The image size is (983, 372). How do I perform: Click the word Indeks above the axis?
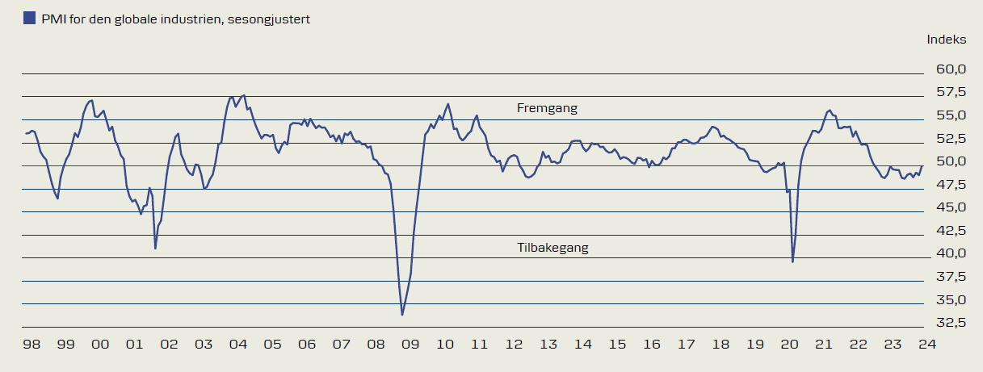(x=946, y=39)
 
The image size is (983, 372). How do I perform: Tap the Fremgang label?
(x=547, y=108)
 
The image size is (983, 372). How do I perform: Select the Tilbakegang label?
(x=552, y=248)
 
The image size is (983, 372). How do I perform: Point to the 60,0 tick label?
(x=951, y=69)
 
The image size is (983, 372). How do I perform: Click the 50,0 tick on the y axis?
(x=951, y=161)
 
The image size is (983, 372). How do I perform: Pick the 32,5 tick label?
(x=951, y=323)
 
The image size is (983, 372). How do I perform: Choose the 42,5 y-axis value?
(x=951, y=231)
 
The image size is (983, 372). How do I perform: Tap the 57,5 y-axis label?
(x=951, y=92)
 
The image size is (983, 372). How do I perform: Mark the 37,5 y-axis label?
(x=951, y=277)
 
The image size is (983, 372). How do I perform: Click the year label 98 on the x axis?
(x=32, y=345)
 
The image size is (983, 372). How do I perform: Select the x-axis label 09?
(x=410, y=345)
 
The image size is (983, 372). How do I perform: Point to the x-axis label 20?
(x=789, y=345)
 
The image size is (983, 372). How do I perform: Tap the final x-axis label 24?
(x=926, y=345)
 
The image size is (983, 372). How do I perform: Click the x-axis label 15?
(x=617, y=345)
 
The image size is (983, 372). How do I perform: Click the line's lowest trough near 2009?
(x=402, y=315)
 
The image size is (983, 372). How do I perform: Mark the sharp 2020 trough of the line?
(x=792, y=261)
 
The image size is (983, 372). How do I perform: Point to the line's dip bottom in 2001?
(x=155, y=248)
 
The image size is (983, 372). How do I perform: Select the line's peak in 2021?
(x=830, y=110)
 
